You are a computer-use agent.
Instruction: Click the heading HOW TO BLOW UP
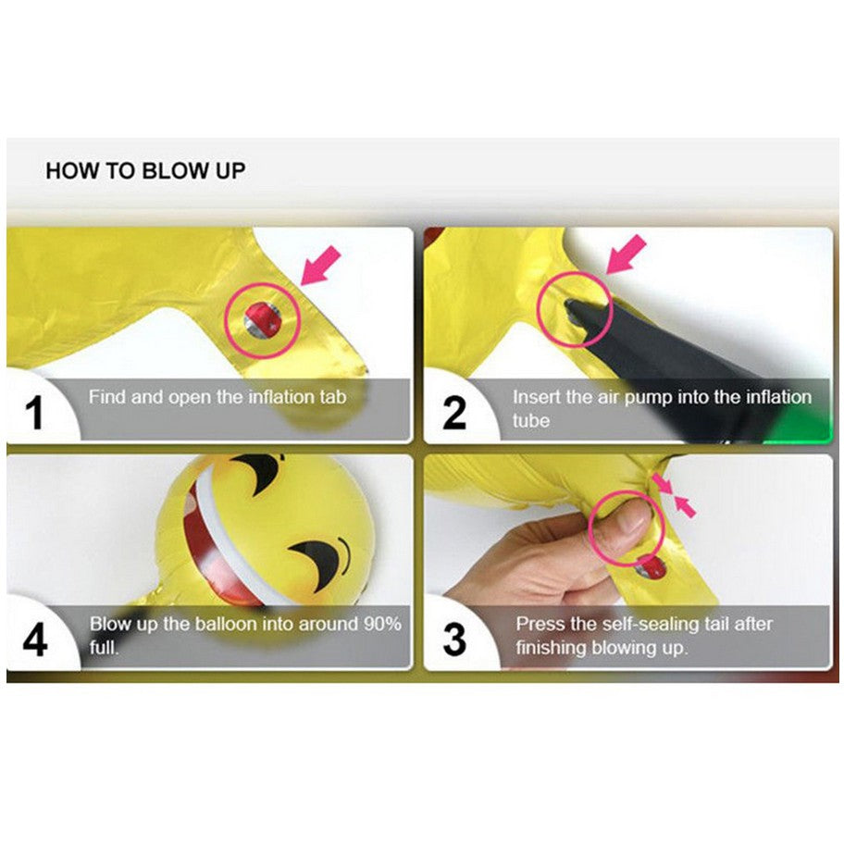(145, 170)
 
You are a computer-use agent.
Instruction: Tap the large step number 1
(34, 413)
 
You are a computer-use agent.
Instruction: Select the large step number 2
(454, 413)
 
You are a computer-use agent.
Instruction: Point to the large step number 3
(454, 640)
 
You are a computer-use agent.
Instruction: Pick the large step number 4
(35, 640)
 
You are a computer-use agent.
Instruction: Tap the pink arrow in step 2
(625, 254)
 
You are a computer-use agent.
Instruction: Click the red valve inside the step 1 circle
(261, 317)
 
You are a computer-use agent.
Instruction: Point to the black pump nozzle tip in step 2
(571, 308)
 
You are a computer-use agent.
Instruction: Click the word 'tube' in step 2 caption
(530, 420)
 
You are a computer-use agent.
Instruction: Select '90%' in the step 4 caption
(382, 624)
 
